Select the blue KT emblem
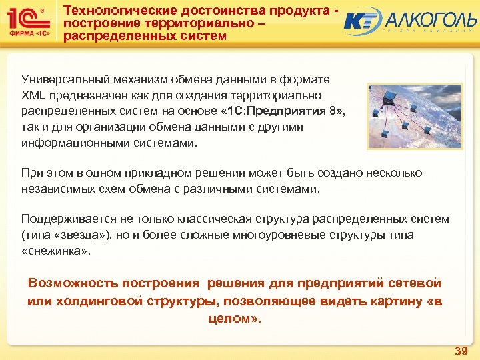point(362,22)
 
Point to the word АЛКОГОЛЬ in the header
point(427,19)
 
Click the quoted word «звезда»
point(80,235)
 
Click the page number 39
point(460,351)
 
